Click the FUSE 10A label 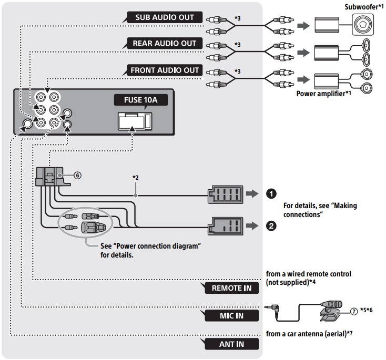(x=134, y=99)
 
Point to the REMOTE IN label (x=231, y=288)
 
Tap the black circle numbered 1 (x=271, y=193)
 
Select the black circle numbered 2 (x=271, y=227)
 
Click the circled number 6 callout (x=78, y=176)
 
